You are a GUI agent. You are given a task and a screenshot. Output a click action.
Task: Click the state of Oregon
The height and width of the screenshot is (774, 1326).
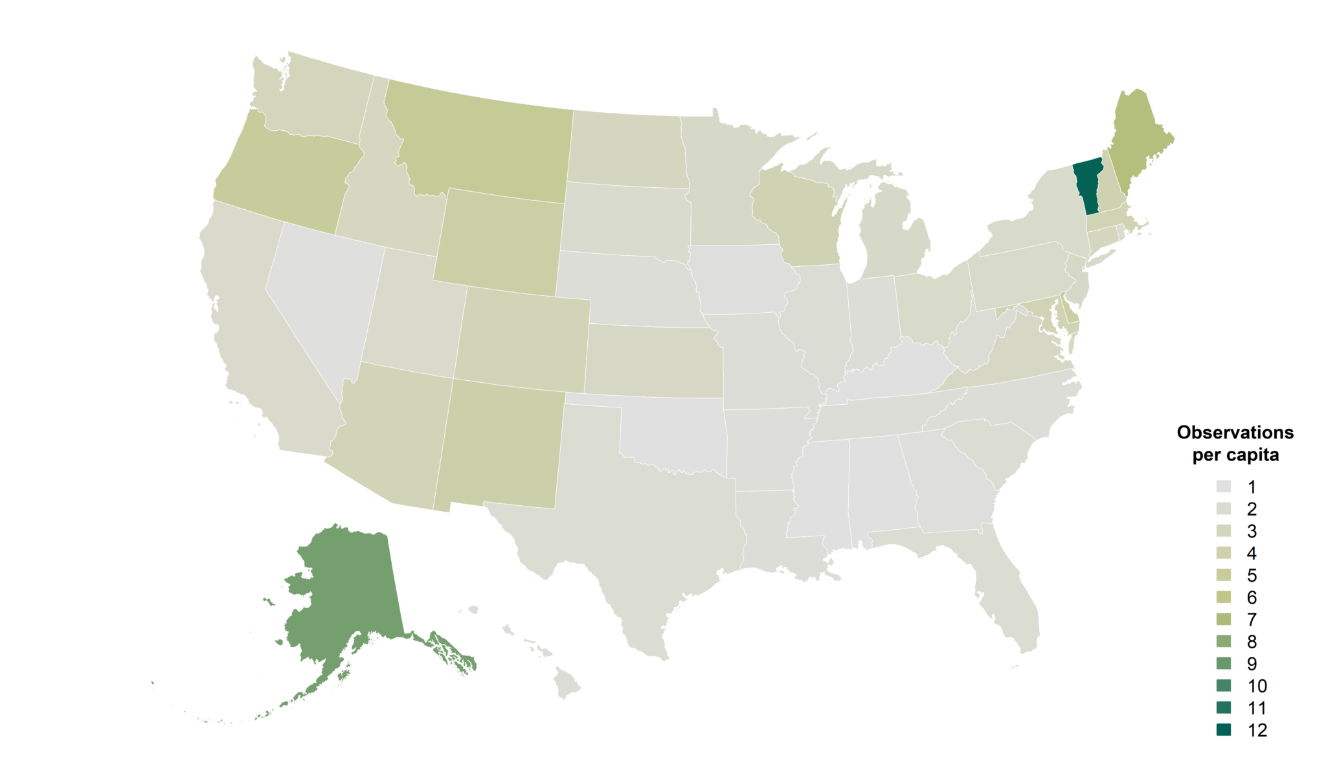click(x=285, y=175)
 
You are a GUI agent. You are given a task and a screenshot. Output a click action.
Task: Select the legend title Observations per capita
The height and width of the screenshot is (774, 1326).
click(x=1235, y=444)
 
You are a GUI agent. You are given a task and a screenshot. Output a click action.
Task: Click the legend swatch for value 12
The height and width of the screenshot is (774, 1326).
click(x=1223, y=730)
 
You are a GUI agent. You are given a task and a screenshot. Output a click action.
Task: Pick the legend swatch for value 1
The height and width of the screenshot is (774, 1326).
click(x=1223, y=486)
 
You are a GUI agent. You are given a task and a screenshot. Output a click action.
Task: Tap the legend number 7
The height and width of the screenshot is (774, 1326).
click(x=1252, y=620)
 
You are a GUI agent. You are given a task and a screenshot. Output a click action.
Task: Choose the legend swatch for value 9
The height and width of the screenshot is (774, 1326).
click(x=1223, y=663)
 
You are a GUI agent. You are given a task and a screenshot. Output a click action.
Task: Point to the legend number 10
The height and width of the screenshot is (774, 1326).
click(x=1257, y=686)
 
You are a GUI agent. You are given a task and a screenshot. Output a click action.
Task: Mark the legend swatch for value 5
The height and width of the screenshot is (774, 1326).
click(x=1223, y=575)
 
